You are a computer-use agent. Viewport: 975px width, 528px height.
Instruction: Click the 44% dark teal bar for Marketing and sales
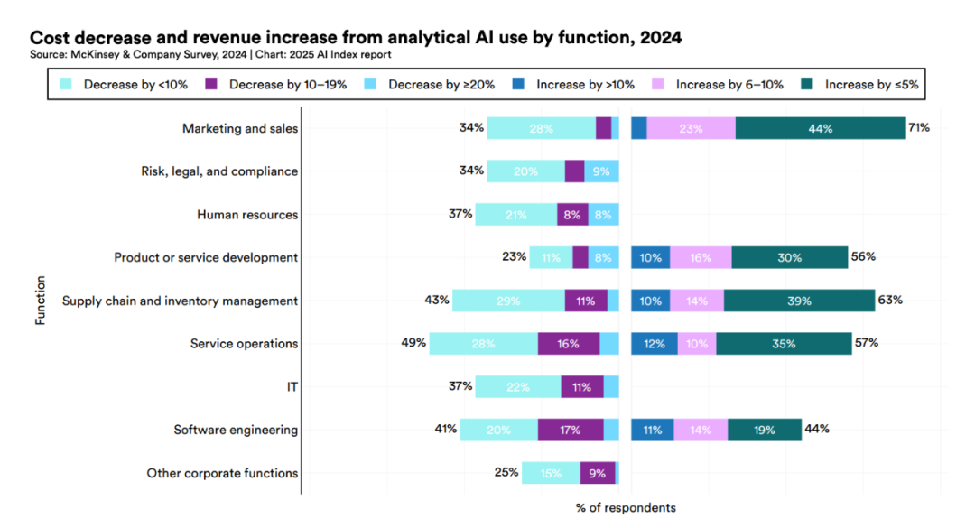point(820,128)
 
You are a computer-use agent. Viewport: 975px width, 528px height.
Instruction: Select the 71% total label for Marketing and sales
point(919,128)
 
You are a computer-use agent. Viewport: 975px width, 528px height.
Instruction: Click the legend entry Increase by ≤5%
point(864,85)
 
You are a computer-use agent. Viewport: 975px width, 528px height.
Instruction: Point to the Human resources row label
point(247,215)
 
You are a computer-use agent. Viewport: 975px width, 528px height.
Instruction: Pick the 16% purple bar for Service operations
point(569,344)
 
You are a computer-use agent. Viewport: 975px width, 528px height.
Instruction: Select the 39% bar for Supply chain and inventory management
point(799,301)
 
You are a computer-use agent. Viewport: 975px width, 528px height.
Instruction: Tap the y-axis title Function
point(41,301)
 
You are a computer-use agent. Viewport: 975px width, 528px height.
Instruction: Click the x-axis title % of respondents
point(626,507)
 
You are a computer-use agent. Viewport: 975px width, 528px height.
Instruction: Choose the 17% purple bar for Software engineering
point(571,431)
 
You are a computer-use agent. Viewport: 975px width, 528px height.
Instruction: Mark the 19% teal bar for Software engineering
point(764,431)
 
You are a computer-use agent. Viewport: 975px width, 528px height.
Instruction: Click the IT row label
point(291,387)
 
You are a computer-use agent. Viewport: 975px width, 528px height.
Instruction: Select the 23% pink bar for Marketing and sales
point(691,128)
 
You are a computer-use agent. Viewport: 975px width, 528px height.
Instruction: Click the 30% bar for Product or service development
point(789,257)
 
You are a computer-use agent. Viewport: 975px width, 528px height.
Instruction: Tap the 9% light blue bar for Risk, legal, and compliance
point(601,171)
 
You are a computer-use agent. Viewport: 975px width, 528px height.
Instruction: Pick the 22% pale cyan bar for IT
point(518,387)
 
